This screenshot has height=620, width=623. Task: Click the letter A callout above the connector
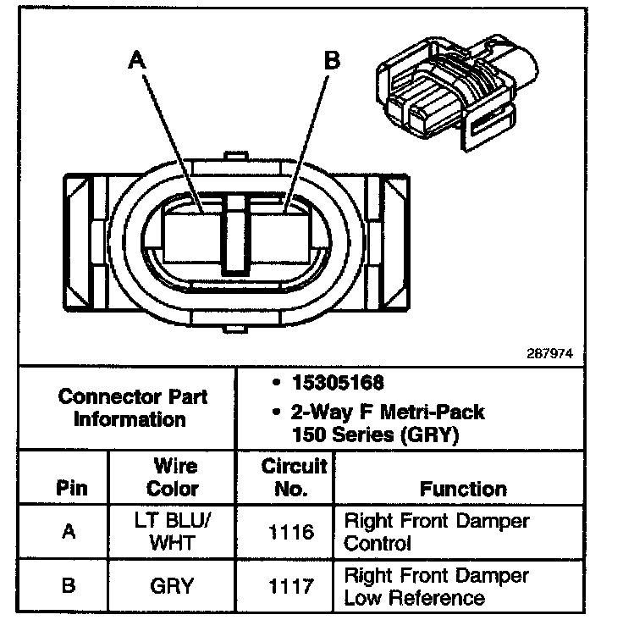coord(136,61)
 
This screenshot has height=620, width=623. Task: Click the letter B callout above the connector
coord(333,61)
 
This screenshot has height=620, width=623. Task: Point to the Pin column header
coord(71,489)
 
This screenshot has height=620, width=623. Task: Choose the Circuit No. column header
coord(294,478)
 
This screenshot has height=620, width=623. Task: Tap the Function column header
coord(463,489)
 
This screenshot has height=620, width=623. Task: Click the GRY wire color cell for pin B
coord(173,585)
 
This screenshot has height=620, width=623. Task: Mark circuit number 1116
coord(292,533)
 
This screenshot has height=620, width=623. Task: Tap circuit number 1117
coord(292,585)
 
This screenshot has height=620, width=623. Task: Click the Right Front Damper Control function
coord(436,533)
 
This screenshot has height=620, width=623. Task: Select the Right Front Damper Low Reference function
coord(436,586)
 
